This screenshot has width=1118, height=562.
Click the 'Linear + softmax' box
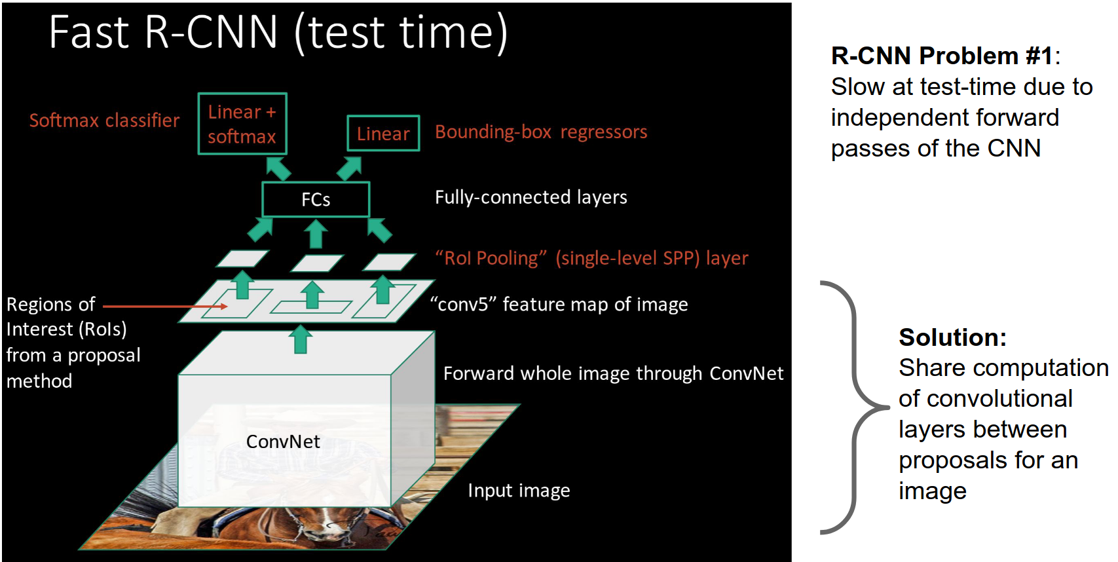click(x=242, y=124)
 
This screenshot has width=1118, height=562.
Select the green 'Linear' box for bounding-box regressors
click(x=383, y=134)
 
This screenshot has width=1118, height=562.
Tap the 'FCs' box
click(x=316, y=199)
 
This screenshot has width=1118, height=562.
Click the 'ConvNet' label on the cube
click(x=283, y=441)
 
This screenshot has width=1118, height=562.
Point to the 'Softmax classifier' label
click(x=104, y=121)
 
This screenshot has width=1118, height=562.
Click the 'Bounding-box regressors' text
click(x=541, y=132)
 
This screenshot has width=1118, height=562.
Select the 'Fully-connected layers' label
click(x=531, y=197)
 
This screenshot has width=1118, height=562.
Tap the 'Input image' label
click(x=519, y=491)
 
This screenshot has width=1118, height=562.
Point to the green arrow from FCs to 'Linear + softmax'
click(x=279, y=168)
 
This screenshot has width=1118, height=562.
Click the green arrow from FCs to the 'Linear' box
click(x=349, y=168)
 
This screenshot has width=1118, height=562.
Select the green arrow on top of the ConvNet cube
click(x=301, y=339)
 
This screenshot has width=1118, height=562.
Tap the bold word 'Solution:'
click(x=952, y=337)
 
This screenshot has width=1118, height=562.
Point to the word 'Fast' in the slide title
click(x=89, y=33)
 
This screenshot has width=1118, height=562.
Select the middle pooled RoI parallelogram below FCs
click(x=317, y=263)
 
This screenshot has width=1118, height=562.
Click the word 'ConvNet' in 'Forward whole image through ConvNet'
click(x=746, y=373)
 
